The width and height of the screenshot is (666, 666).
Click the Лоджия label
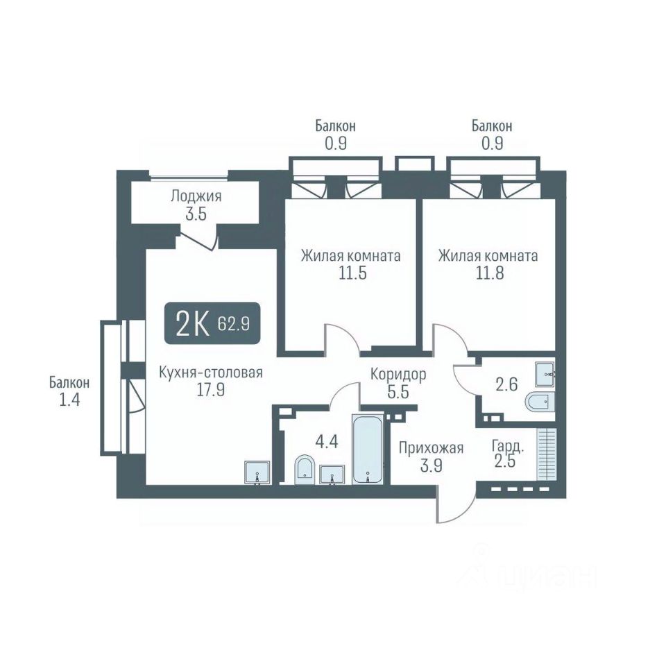tap(196, 196)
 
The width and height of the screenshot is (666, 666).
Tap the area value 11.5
tap(352, 273)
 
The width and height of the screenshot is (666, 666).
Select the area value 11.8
tap(490, 273)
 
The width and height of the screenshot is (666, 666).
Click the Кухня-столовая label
tap(211, 373)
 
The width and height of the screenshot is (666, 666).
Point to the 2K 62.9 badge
tap(212, 323)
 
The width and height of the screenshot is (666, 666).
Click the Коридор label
tap(398, 375)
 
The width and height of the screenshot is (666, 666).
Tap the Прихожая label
tap(431, 448)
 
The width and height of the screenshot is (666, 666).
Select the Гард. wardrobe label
tap(508, 446)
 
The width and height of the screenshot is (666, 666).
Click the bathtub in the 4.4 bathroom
tap(368, 450)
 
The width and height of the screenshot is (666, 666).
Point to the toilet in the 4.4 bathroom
tap(304, 470)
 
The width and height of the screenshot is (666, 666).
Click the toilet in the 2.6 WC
tap(540, 402)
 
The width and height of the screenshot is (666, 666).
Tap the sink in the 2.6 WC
tap(545, 374)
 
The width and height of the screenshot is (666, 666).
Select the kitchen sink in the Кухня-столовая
tap(257, 472)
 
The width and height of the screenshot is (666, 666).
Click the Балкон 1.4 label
tap(69, 391)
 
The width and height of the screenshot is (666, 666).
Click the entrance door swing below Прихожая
tap(456, 504)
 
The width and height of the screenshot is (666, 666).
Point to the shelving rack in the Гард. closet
tap(546, 454)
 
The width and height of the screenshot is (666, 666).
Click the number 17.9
tap(211, 390)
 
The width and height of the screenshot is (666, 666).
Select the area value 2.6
tap(506, 384)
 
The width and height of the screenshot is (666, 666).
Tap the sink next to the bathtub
tap(332, 475)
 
